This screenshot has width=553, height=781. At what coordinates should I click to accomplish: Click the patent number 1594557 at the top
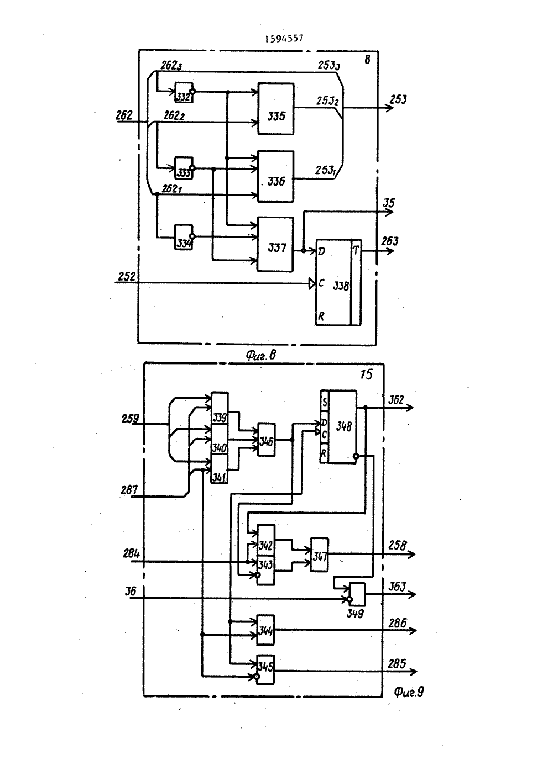284,38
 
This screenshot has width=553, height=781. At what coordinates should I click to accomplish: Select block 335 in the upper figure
276,109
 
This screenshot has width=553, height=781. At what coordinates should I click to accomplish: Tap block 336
276,176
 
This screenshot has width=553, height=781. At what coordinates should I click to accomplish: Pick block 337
275,245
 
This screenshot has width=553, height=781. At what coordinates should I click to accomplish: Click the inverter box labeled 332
184,92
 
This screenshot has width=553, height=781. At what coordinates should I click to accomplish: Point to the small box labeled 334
184,237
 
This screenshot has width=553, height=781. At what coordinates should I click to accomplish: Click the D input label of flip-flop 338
321,251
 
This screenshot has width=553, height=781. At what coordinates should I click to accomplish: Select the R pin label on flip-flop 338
321,316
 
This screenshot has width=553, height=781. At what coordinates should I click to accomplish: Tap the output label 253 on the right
398,100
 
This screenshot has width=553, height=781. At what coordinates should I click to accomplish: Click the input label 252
127,277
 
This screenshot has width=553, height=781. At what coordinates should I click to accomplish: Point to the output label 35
389,203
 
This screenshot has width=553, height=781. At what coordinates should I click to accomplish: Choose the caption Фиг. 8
261,355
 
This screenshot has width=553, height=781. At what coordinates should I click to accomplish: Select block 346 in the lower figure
267,440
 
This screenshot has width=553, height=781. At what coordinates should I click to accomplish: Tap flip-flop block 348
338,427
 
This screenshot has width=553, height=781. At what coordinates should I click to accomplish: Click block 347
320,555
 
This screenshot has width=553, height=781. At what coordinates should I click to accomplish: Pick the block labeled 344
265,630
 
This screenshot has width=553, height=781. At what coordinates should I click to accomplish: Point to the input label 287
129,490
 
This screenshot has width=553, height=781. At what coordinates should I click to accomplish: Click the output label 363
397,587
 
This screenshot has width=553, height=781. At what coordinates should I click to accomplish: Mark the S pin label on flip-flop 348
325,403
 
